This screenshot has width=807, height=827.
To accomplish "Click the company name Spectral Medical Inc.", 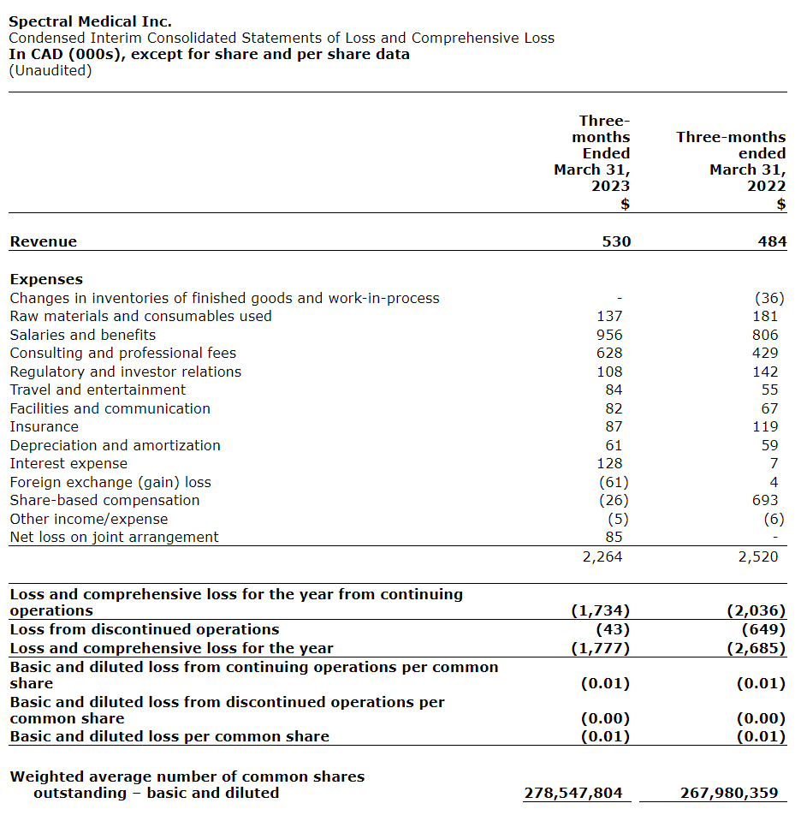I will [90, 21].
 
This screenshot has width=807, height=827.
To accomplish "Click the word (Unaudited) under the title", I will [50, 70].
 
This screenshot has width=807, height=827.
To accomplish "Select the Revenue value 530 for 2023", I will [615, 241].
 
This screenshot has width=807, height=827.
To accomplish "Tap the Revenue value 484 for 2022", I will [771, 241].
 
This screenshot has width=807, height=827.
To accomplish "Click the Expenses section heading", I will [46, 279].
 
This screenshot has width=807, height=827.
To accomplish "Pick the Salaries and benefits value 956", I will [609, 335].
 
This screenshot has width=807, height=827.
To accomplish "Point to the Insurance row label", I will [44, 426].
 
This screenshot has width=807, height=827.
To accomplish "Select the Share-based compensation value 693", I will [765, 500].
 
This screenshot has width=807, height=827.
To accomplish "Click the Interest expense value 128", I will [609, 463].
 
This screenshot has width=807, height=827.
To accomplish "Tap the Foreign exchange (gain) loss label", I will [110, 482].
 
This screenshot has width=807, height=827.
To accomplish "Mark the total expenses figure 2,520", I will [758, 556].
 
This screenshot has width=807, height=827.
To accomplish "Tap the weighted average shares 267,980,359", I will [729, 793].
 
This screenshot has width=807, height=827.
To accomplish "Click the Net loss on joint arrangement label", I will [114, 537].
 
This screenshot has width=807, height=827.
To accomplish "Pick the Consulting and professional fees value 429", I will [765, 353].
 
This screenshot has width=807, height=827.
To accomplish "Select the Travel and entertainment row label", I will [98, 390].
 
